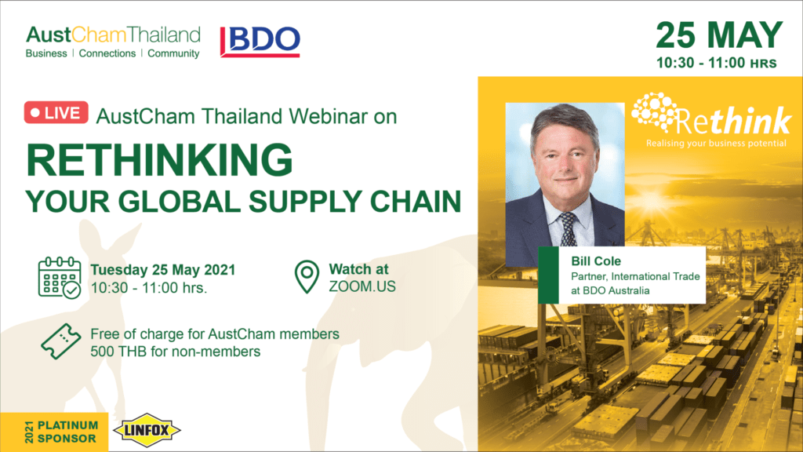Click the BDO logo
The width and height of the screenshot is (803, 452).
(x=260, y=41)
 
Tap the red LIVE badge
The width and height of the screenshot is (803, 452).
(x=56, y=113)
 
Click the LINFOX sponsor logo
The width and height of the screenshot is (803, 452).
(x=147, y=430)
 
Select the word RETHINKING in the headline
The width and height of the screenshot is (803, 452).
(x=159, y=160)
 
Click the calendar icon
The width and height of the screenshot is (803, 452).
(x=60, y=277)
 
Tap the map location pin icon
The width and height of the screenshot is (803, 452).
(x=307, y=277)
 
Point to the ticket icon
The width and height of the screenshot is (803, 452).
(x=61, y=341)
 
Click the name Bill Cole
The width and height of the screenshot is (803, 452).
(x=596, y=261)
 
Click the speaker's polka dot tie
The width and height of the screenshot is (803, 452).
(x=568, y=229)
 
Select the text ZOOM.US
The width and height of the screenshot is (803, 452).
(x=362, y=286)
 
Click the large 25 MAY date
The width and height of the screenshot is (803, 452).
(x=719, y=35)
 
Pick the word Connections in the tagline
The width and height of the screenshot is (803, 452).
(x=107, y=53)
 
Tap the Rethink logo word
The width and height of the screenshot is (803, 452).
(x=734, y=121)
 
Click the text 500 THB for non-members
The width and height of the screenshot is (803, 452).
(x=175, y=352)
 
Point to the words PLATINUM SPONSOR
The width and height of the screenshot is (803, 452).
(x=67, y=432)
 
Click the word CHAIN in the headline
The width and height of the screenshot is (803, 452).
(x=416, y=202)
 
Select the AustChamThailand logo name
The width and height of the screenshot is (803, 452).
(x=113, y=35)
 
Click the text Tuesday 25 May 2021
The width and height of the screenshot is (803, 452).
(x=163, y=270)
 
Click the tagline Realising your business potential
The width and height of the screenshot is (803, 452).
(x=716, y=144)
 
